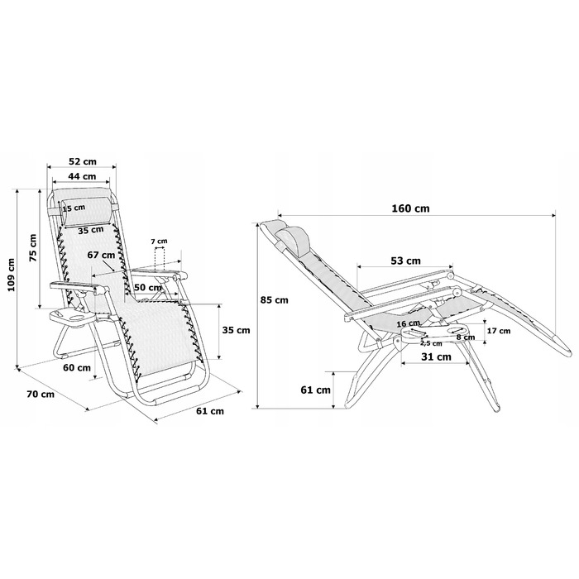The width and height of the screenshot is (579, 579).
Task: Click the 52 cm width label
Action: click(x=83, y=161)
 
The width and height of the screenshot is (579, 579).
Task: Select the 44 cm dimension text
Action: click(x=82, y=176)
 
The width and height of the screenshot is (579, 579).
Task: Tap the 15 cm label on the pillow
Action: click(x=74, y=208)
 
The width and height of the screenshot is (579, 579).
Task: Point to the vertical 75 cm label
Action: click(x=33, y=247)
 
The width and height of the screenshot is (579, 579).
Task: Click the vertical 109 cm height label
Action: click(x=12, y=275)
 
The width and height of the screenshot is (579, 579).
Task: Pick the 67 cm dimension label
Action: click(x=101, y=255)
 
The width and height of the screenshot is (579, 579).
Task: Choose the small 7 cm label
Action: click(x=159, y=242)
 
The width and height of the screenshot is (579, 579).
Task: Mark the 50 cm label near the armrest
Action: click(x=148, y=287)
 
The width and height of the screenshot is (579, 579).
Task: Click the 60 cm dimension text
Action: click(x=77, y=367)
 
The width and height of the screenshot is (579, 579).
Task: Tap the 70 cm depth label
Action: click(x=41, y=394)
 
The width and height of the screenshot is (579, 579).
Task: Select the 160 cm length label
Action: click(x=410, y=208)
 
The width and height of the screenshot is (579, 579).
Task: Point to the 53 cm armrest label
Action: click(x=405, y=261)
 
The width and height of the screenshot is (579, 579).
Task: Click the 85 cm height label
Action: click(x=274, y=299)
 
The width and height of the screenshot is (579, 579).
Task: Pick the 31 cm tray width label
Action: click(x=436, y=356)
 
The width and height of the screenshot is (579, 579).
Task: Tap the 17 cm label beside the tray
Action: click(x=499, y=331)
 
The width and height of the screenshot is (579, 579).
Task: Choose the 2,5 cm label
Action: click(x=431, y=343)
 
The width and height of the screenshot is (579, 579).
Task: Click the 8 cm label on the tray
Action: click(x=465, y=337)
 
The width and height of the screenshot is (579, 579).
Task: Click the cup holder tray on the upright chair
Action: click(x=72, y=317)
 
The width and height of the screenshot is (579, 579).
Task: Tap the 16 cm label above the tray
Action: click(x=408, y=324)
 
